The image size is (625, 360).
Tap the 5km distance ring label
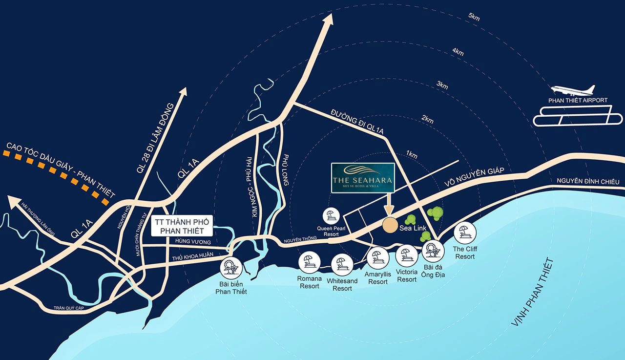pyautogui.click(x=474, y=17)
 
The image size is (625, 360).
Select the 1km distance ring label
pyautogui.click(x=412, y=155)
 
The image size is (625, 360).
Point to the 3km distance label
pyautogui.click(x=442, y=85)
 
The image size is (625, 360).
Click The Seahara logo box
pyautogui.click(x=362, y=177)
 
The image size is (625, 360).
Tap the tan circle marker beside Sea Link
pyautogui.click(x=390, y=226)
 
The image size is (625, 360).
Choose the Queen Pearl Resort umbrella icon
pyautogui.click(x=331, y=215)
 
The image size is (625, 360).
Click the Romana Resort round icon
pyautogui.click(x=310, y=262)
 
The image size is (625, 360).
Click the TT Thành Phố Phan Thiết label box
pyautogui.click(x=182, y=225)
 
